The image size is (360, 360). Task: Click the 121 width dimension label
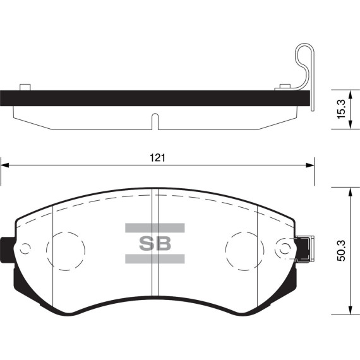(157, 158)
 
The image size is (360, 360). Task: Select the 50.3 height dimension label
(341, 251)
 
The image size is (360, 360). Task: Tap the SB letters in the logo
(155, 243)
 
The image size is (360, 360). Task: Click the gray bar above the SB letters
(155, 227)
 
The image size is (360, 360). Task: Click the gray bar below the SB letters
(155, 258)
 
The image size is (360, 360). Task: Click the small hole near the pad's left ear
(25, 248)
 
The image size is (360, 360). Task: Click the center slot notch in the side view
(154, 121)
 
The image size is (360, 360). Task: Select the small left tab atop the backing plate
(26, 87)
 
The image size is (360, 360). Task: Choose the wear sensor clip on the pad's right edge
(304, 248)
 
